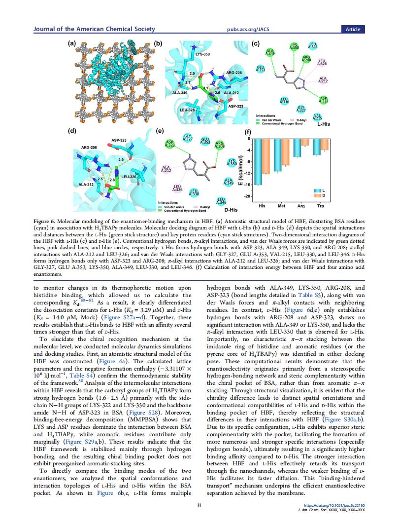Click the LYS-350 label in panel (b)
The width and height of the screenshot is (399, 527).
pyautogui.click(x=202, y=54)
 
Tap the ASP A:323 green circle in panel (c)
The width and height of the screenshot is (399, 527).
pyautogui.click(x=324, y=99)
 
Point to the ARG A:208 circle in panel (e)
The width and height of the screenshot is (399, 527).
pyautogui.click(x=220, y=145)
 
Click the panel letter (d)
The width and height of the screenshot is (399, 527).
pyautogui.click(x=72, y=131)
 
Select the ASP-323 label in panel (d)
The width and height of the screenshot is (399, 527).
pyautogui.click(x=119, y=141)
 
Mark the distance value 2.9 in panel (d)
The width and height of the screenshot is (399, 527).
pyautogui.click(x=121, y=160)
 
